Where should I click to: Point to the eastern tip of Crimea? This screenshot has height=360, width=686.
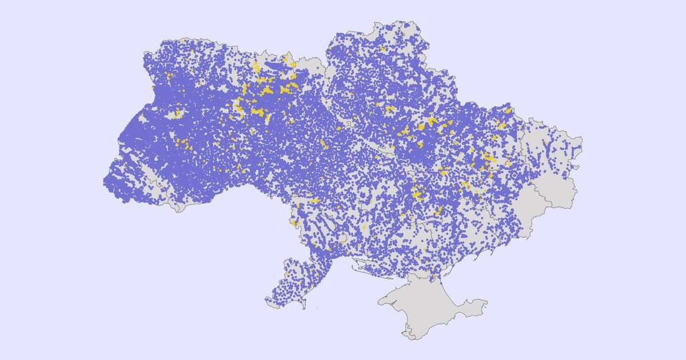(x=487, y=301)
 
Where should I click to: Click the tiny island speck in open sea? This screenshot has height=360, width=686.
(x=318, y=309)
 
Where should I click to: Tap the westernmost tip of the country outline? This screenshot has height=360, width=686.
(x=103, y=182)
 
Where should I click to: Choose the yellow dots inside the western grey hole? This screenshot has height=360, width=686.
(x=177, y=113)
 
